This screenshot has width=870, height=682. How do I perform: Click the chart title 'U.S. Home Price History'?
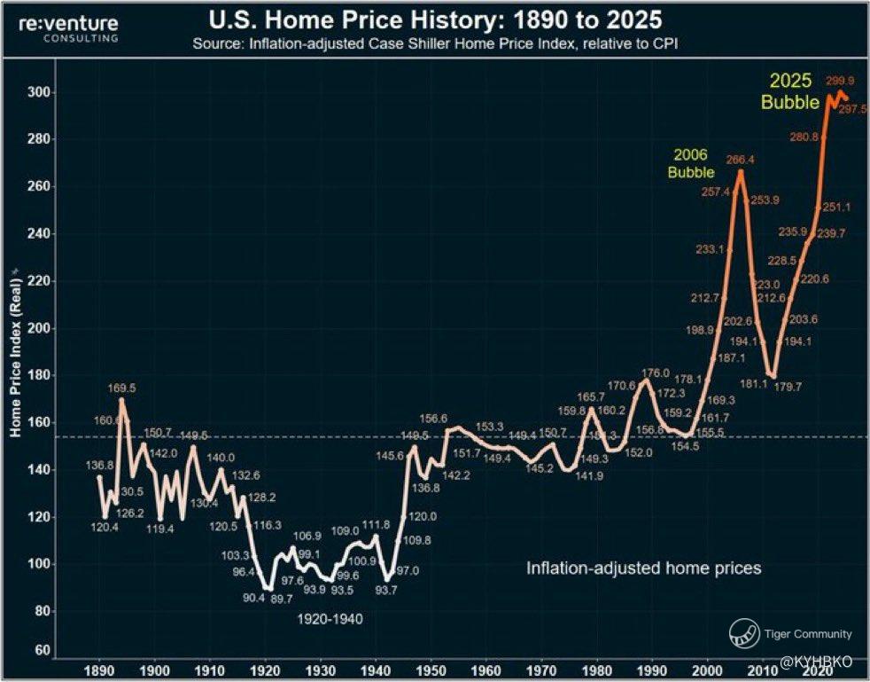pos(434,19)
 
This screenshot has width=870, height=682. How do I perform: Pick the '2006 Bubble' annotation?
pos(690,163)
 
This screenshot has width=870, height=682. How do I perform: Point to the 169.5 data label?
pos(122,388)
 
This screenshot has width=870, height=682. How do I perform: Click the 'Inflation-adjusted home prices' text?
pos(644,568)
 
